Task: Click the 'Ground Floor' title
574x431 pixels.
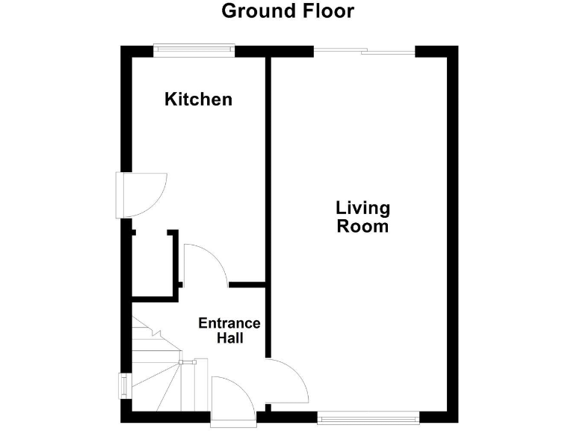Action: pyautogui.click(x=288, y=11)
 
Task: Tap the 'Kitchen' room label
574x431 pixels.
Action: pyautogui.click(x=198, y=99)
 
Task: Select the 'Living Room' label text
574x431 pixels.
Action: pyautogui.click(x=363, y=217)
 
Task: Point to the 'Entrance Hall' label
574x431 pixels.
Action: pyautogui.click(x=229, y=331)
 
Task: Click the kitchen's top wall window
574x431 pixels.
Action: pyautogui.click(x=194, y=51)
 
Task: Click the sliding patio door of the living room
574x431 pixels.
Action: pyautogui.click(x=364, y=52)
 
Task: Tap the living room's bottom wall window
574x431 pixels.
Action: pyautogui.click(x=366, y=419)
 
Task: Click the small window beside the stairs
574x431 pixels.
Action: pyautogui.click(x=123, y=385)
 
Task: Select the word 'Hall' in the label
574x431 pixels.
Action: pyautogui.click(x=229, y=338)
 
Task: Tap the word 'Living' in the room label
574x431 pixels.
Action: pyautogui.click(x=363, y=208)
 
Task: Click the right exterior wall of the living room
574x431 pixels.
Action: pyautogui.click(x=451, y=224)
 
